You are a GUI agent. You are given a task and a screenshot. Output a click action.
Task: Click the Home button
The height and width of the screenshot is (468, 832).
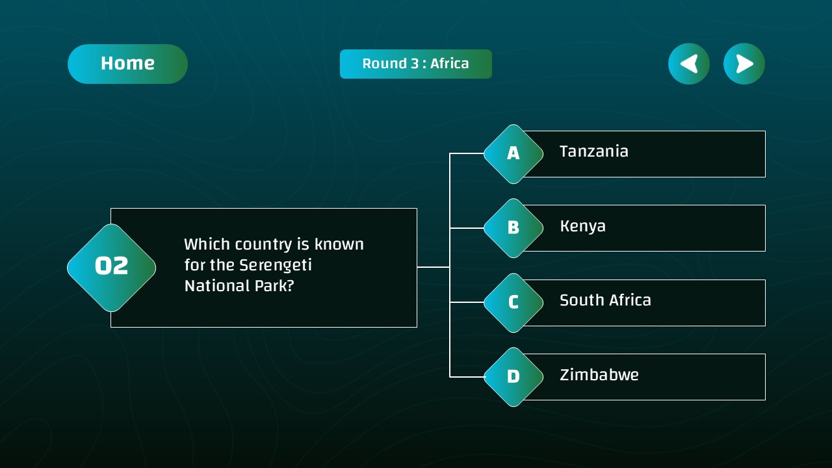click(x=127, y=64)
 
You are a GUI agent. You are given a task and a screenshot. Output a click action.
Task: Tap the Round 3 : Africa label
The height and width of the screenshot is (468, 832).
click(x=415, y=64)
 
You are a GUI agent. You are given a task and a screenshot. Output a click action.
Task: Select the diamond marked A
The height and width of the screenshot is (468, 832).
click(x=513, y=154)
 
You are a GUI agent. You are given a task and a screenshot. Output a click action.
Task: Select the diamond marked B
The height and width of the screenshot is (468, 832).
click(x=513, y=228)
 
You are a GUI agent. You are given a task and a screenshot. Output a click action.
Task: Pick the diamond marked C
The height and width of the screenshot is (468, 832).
click(x=513, y=303)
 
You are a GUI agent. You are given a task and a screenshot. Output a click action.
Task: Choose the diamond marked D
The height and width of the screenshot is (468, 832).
click(x=513, y=377)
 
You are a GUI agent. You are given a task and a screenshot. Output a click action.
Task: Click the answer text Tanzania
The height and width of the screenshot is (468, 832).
click(x=593, y=151)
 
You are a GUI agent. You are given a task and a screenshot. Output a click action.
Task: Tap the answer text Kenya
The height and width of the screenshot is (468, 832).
click(x=582, y=226)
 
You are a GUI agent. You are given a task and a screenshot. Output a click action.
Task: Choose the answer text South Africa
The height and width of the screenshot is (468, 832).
click(x=605, y=300)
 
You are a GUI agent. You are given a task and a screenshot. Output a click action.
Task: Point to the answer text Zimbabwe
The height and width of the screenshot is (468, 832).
click(x=599, y=375)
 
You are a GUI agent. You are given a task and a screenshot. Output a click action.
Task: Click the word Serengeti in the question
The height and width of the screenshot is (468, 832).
click(x=276, y=265)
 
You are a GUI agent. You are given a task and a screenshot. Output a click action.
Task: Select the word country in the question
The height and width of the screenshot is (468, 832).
click(x=263, y=244)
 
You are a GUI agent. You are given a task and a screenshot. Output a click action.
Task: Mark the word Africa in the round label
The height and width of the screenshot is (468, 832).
click(x=449, y=64)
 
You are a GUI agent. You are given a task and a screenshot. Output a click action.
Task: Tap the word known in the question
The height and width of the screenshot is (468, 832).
click(x=339, y=244)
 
